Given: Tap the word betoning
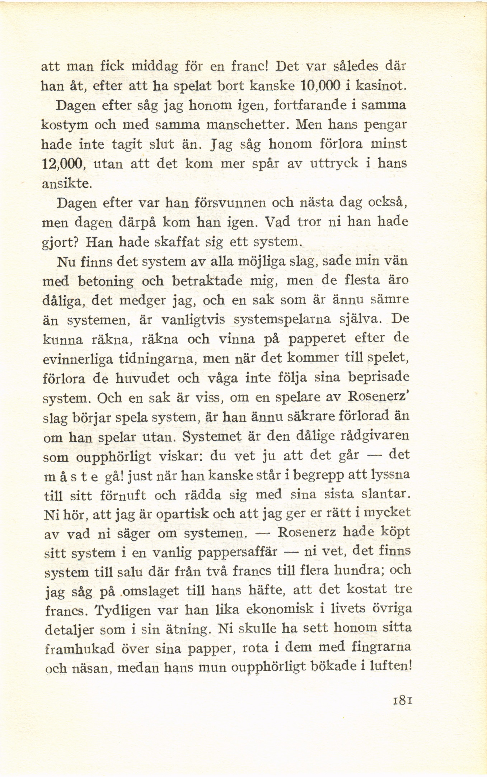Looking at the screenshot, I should click(x=106, y=281).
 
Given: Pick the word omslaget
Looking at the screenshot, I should click(x=150, y=591).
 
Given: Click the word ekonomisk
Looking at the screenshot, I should click(x=272, y=609).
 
